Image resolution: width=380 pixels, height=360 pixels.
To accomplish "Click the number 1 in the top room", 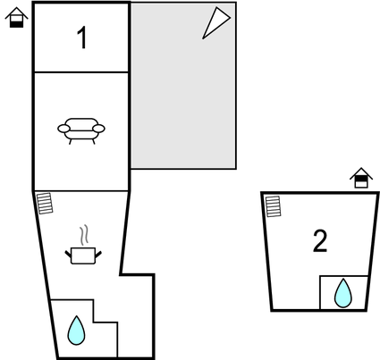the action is point(82,38).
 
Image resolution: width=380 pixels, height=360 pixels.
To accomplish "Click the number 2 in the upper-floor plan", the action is point(320,241).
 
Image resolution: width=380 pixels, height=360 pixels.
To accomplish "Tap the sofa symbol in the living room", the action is point(81,131).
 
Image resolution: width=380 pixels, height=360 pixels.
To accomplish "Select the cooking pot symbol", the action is point(83,255).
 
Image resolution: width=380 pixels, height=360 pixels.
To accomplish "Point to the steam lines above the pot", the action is point(84,235).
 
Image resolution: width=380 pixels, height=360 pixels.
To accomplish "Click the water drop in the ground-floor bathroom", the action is point(76,331).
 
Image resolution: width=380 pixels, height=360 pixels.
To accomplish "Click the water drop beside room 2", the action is point(343,293).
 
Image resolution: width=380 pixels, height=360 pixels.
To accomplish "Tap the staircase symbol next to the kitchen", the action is point(45,204).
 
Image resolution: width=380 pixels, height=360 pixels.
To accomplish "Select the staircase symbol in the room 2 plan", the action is point(274,206).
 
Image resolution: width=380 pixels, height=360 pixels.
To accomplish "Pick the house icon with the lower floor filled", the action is point(17,18).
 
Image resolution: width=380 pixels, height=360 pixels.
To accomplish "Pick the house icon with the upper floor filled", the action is point(361,178).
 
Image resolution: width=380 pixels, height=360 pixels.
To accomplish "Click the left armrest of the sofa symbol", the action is point(63,129).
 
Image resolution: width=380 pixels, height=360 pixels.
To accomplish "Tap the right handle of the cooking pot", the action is point(98,255).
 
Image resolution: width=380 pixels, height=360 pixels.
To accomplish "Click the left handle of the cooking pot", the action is point(68,255).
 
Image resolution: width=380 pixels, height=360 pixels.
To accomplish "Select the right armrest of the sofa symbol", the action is point(98,129).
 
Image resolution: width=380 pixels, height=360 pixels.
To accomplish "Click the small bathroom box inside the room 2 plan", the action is point(343,293).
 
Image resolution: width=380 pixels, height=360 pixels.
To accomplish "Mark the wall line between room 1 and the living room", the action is point(81,72).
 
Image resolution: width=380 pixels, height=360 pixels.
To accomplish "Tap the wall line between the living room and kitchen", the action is point(81,191).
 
